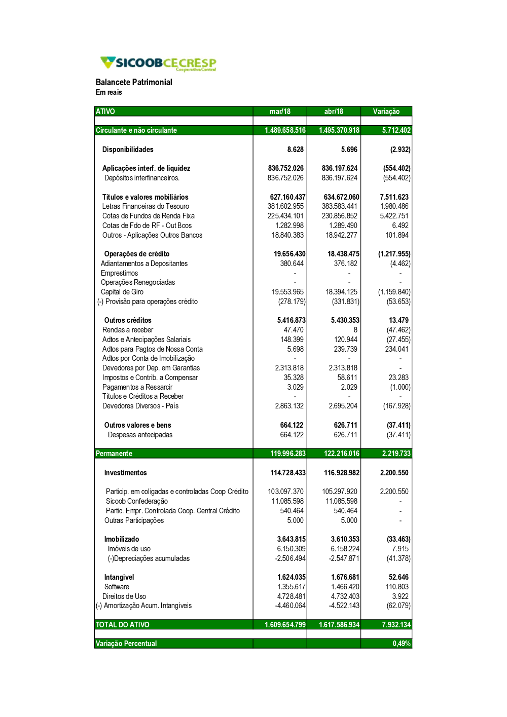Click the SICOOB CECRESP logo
[158, 63]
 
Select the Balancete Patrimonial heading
[134, 82]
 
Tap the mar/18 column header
[280, 111]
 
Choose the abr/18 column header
[334, 111]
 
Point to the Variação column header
[386, 111]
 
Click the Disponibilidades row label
[128, 149]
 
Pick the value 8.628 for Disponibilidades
[295, 149]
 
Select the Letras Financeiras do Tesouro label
[146, 206]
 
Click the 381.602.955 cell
[285, 206]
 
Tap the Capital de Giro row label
[122, 292]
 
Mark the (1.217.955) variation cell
[394, 254]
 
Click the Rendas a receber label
[128, 330]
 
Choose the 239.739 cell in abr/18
[345, 349]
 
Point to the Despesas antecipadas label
[140, 435]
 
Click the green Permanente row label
[114, 454]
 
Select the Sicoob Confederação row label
[137, 501]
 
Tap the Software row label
[117, 587]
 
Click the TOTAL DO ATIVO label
[123, 625]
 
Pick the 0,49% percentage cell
[402, 644]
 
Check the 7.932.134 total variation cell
[396, 625]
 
